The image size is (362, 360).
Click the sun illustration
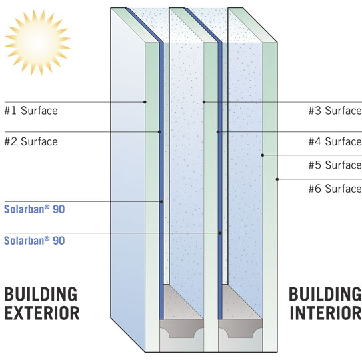[x=37, y=42]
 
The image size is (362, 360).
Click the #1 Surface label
[x=31, y=111]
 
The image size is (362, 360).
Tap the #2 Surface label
[x=31, y=141]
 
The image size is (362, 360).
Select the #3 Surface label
[x=335, y=111]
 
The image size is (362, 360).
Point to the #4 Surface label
[x=335, y=141]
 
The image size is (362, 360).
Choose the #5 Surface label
[x=335, y=165]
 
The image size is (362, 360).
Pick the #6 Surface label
[x=335, y=189]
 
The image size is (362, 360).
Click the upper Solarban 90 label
[x=35, y=209]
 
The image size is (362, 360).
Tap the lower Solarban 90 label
[x=35, y=241]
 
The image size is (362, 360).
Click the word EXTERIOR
[x=42, y=313]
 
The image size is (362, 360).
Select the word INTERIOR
[x=325, y=313]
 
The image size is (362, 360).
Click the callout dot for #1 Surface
[x=145, y=102]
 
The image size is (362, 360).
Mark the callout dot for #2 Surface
[x=159, y=131]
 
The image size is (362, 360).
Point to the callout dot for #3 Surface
[x=204, y=102]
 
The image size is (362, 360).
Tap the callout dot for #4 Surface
[x=218, y=132]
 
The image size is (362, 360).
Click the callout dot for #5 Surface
[x=263, y=155]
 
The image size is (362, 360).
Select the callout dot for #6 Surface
[x=277, y=179]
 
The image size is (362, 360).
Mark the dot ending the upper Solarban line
[x=161, y=201]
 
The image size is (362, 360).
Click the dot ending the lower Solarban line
[x=220, y=233]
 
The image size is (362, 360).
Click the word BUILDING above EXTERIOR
[x=41, y=294]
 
